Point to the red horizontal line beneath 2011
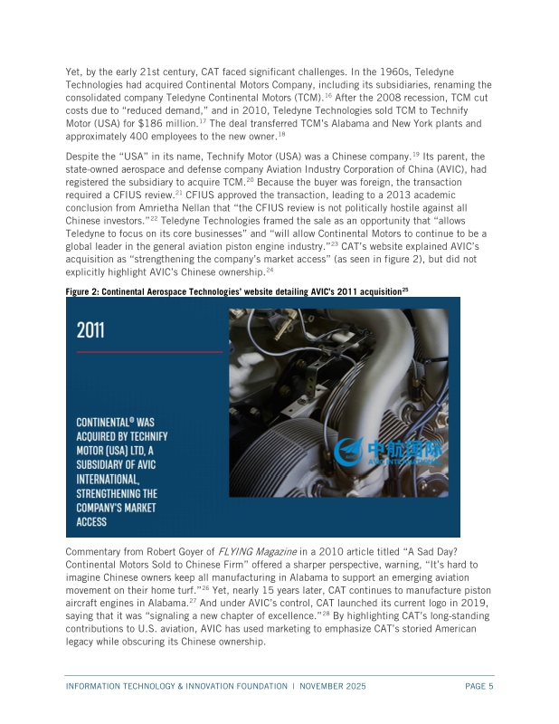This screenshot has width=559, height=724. point(145,351)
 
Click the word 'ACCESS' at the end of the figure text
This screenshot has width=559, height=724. point(91,521)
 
